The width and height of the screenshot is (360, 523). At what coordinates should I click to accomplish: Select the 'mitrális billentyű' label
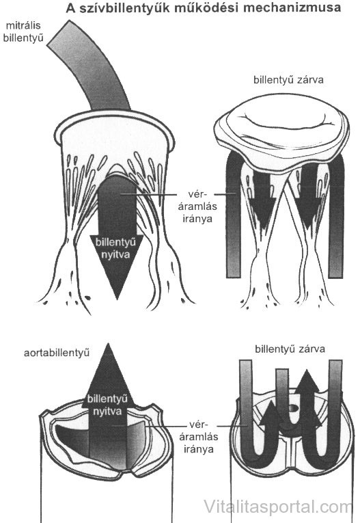point(23,32)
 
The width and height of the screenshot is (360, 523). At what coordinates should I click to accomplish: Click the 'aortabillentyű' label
point(57,353)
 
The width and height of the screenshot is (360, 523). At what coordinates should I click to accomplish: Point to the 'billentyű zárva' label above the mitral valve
point(289,81)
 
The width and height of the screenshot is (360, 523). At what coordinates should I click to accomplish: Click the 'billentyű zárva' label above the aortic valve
point(290,349)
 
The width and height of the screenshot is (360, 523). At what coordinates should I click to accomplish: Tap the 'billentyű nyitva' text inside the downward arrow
point(115,248)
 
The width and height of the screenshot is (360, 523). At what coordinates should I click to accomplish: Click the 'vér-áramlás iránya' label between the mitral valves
point(197,206)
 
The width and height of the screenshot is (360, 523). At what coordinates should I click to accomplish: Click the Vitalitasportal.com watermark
point(277,507)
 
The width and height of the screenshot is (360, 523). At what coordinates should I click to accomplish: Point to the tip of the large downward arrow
point(117,299)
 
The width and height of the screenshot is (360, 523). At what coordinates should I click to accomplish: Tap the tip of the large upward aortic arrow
point(107,344)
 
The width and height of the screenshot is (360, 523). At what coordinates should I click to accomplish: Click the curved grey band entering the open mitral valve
point(89,65)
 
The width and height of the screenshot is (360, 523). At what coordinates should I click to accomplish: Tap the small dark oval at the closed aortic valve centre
point(292,407)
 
